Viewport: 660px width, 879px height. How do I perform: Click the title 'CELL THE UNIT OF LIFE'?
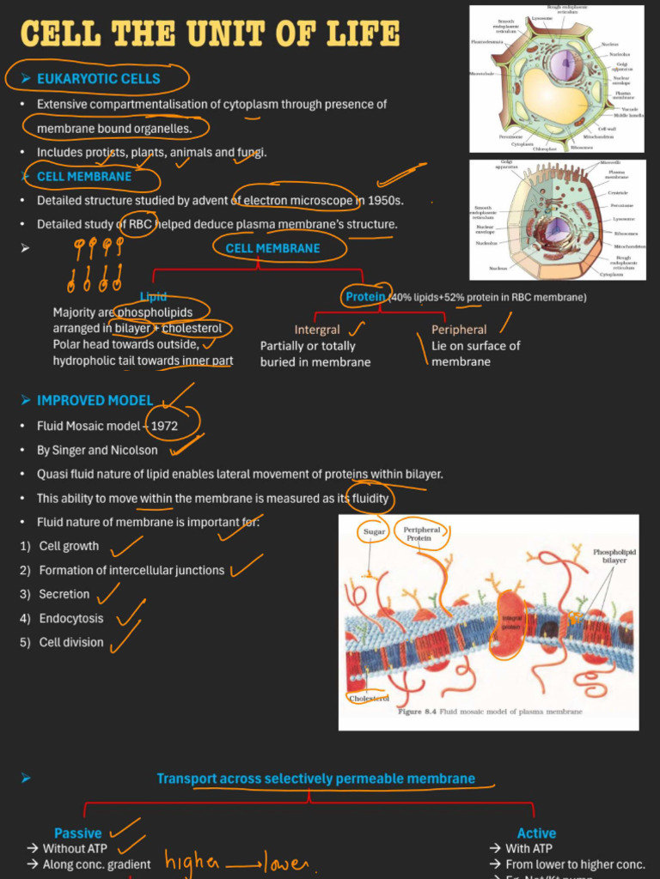click(210, 34)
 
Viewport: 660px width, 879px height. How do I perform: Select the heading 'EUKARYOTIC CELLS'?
click(98, 79)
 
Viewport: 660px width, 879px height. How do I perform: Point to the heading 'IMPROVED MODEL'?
click(95, 401)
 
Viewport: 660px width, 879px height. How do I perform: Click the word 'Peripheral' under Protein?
click(459, 330)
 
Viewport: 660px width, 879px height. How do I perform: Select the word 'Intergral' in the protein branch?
click(316, 330)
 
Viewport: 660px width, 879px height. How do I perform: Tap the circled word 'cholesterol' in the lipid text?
click(192, 329)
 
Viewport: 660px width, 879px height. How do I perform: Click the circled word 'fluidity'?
click(370, 499)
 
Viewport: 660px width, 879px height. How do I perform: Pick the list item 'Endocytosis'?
click(70, 618)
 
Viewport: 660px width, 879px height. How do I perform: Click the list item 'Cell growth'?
click(69, 546)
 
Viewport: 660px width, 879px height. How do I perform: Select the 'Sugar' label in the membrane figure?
click(374, 532)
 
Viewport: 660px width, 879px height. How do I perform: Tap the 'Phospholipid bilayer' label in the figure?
click(614, 556)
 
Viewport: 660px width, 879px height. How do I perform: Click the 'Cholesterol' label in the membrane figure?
click(368, 698)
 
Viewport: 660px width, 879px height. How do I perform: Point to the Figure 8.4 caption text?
click(489, 712)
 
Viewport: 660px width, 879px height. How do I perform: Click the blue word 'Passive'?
click(77, 834)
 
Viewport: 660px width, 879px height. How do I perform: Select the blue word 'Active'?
click(536, 834)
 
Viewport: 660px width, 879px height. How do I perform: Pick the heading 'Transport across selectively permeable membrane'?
click(315, 779)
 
